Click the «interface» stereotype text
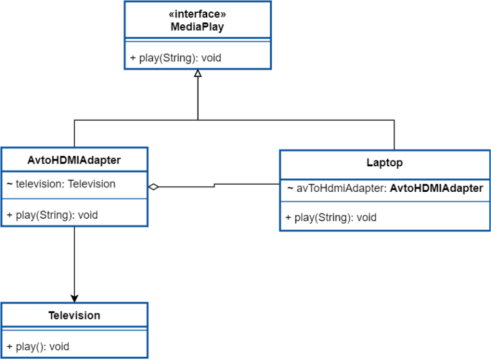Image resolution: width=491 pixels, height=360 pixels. click(198, 14)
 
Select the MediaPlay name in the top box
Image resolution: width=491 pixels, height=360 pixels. click(198, 27)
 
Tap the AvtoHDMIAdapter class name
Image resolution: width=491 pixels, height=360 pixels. click(74, 160)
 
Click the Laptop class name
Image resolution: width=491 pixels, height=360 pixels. click(384, 162)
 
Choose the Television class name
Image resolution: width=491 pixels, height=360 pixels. click(74, 315)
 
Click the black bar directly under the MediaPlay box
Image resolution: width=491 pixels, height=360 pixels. click(173, 58)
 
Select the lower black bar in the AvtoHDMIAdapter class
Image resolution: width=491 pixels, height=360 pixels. click(50, 215)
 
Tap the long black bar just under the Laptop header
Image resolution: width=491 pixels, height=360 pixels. click(382, 189)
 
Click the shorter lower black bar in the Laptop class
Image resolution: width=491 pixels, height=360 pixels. click(329, 218)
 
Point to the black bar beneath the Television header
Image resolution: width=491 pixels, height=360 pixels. click(36, 347)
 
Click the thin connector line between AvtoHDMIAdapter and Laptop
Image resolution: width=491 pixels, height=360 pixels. click(214, 188)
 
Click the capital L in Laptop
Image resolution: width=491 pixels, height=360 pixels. click(370, 162)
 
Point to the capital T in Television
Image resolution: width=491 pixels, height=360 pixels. click(52, 315)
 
